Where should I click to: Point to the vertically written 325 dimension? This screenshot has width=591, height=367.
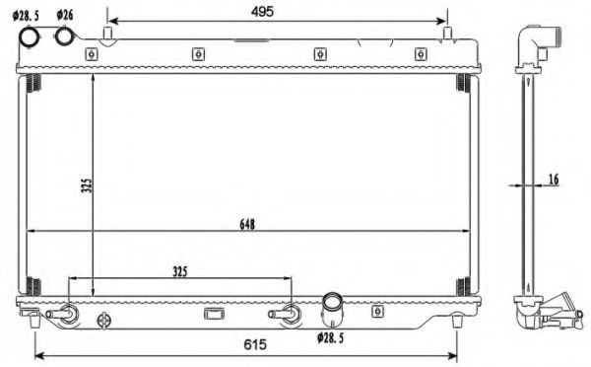coord(86,184)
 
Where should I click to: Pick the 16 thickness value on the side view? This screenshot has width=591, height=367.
coord(553,179)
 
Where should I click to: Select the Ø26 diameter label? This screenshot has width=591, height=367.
coord(65,16)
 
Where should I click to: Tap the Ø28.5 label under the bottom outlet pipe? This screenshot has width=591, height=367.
coord(333,338)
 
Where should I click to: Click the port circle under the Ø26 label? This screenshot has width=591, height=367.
coord(66,37)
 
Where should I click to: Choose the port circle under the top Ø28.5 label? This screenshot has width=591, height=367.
coord(31,37)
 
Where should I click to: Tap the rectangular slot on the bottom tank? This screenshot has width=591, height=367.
coord(214,314)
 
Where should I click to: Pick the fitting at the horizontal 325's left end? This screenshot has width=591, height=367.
coord(69,314)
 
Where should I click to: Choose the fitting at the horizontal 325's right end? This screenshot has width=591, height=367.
coord(291,314)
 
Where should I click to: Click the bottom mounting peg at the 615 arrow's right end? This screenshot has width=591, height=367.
coord(457,320)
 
